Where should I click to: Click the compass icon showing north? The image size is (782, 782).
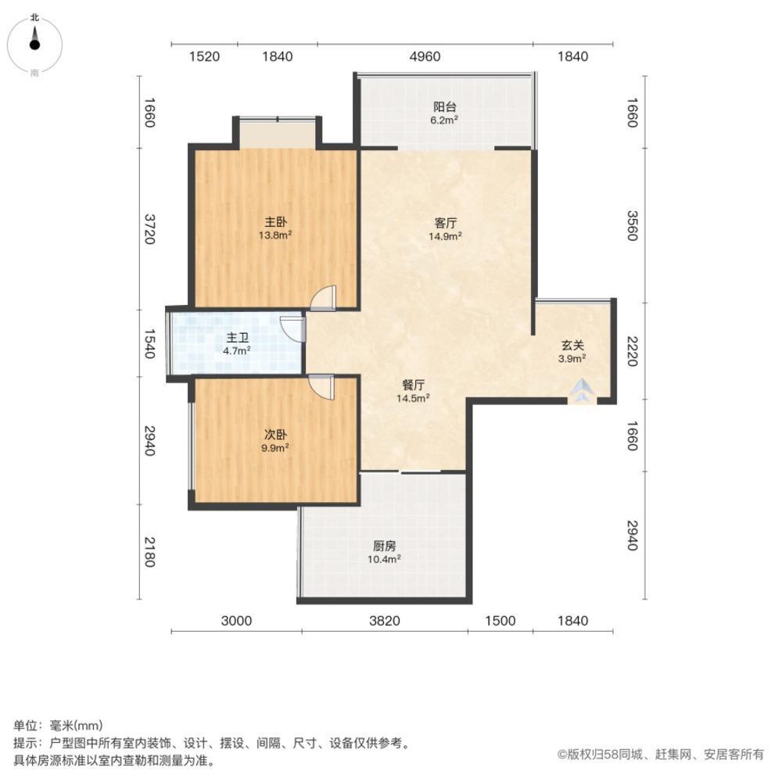34,43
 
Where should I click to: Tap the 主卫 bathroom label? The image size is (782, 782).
237,339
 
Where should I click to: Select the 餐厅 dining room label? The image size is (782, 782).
414,385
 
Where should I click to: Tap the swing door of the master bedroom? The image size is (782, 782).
323,298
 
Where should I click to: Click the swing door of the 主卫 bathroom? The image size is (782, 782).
293,328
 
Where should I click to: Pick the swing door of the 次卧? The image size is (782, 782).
321,386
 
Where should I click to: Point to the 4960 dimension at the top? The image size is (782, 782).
425,56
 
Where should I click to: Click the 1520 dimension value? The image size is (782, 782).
204,56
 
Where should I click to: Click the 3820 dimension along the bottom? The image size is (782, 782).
384,621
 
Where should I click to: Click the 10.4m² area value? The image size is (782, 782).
384,558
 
